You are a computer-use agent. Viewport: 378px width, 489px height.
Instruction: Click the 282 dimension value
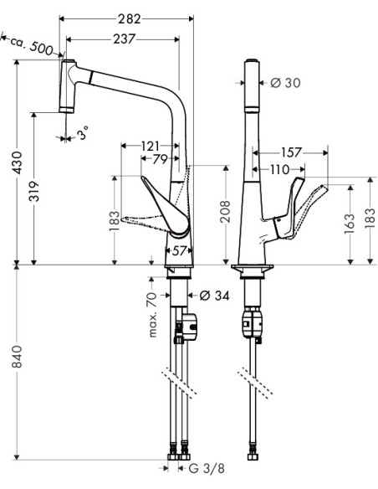130,19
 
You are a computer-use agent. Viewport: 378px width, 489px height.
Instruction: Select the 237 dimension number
124,39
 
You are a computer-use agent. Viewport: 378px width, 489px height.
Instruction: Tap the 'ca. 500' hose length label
31,46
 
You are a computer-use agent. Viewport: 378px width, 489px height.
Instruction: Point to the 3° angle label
83,132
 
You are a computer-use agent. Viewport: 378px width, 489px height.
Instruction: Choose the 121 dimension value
150,146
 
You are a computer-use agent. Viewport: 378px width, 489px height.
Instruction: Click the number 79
160,159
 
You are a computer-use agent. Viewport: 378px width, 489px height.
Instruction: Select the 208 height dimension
225,212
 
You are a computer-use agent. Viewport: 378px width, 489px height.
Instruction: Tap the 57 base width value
179,250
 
